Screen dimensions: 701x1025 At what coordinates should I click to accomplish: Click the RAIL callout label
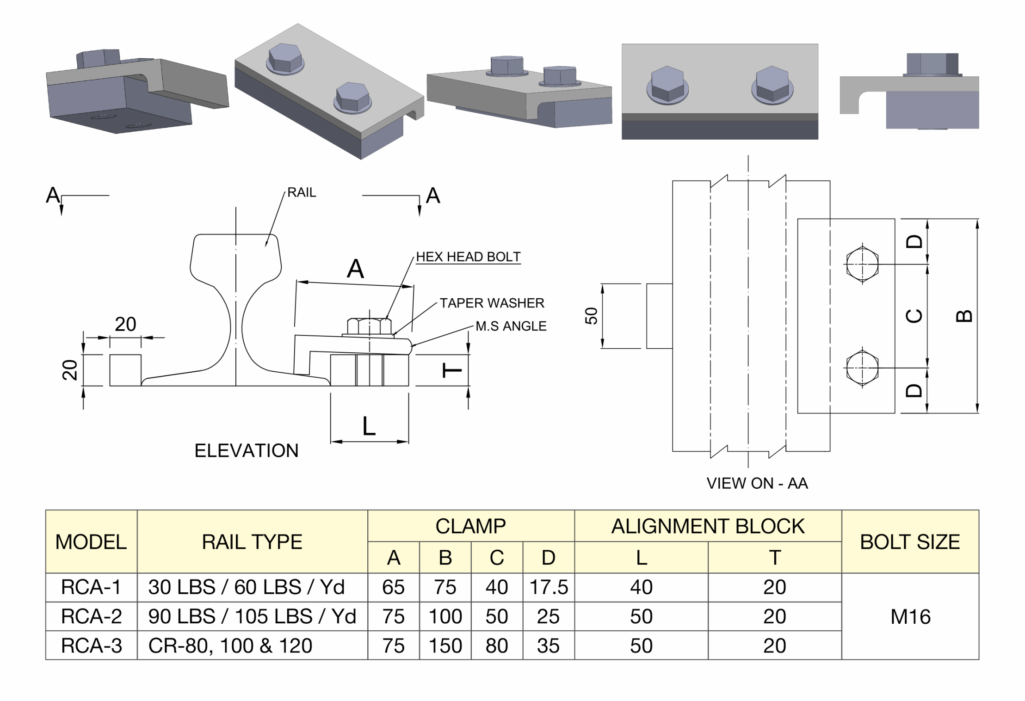point(302,192)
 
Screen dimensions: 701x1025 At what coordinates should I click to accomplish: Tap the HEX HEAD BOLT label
point(468,257)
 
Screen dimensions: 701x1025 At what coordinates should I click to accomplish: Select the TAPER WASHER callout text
point(492,303)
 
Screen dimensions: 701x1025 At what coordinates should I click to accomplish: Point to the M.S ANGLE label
point(511,326)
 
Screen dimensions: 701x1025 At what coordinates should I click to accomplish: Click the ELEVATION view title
point(246,450)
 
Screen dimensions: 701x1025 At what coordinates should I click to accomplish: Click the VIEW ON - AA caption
point(757,483)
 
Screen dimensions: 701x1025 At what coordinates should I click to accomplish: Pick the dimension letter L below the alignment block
point(369,426)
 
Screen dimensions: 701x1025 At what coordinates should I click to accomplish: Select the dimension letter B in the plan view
point(964,316)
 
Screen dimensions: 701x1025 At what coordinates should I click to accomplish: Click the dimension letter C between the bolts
point(914,316)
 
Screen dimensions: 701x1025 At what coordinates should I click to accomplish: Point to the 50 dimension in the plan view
point(592,316)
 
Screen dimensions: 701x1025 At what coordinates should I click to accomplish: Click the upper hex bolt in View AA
point(862,264)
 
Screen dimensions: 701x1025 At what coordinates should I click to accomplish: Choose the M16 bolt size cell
point(910,616)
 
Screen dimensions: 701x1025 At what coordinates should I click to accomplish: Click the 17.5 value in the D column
point(548,587)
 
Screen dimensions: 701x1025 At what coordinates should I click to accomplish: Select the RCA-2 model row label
point(91,616)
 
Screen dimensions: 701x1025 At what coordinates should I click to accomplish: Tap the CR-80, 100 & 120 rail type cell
point(230,646)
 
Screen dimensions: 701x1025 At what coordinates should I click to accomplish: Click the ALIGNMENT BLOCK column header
point(708,526)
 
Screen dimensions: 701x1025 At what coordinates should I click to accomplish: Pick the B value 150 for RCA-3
point(445,646)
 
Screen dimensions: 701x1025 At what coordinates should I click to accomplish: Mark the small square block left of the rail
point(125,370)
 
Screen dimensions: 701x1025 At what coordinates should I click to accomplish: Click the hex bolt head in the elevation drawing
point(369,326)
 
